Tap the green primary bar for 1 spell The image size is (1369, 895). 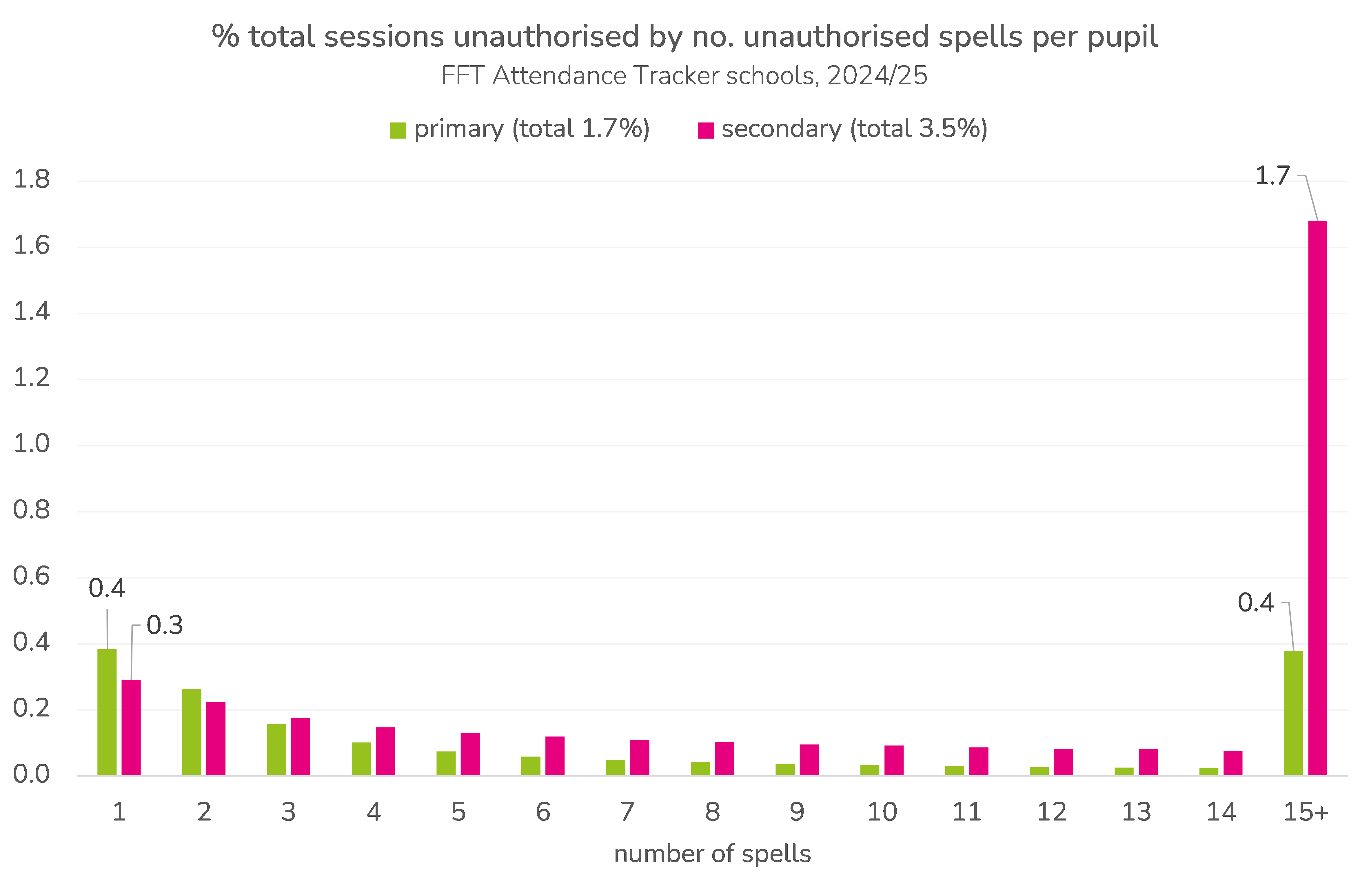(x=107, y=712)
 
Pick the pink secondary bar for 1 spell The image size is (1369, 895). (x=131, y=727)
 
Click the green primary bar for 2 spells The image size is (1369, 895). (x=192, y=732)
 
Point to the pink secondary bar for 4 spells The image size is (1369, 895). (x=385, y=751)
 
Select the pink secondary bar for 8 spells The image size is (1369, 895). (x=724, y=759)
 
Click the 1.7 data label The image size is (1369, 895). (x=1272, y=176)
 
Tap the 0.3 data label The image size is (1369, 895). (x=165, y=625)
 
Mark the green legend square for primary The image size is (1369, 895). (x=398, y=130)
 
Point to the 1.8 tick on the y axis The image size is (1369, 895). (x=32, y=179)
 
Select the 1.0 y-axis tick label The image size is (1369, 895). (x=32, y=443)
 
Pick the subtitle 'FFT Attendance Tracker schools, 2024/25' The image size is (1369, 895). (x=684, y=75)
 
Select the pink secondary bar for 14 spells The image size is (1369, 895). (x=1233, y=763)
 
